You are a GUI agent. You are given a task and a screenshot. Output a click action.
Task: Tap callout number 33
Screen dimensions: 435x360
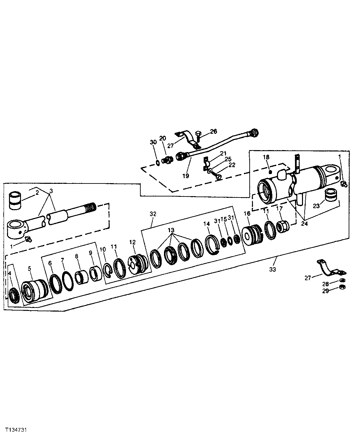pyautogui.click(x=273, y=269)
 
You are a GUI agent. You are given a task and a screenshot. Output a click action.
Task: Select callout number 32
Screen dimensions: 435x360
pyautogui.click(x=153, y=213)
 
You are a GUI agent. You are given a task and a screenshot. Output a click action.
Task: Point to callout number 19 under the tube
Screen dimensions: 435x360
pyautogui.click(x=186, y=175)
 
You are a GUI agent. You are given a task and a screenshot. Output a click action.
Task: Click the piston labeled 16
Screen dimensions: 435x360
pyautogui.click(x=252, y=236)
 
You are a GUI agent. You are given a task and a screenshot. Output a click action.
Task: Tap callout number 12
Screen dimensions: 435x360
pyautogui.click(x=132, y=242)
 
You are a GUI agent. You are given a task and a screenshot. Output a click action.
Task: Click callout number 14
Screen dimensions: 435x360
pyautogui.click(x=206, y=224)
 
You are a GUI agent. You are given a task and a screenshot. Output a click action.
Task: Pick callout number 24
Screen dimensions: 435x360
pyautogui.click(x=304, y=224)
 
